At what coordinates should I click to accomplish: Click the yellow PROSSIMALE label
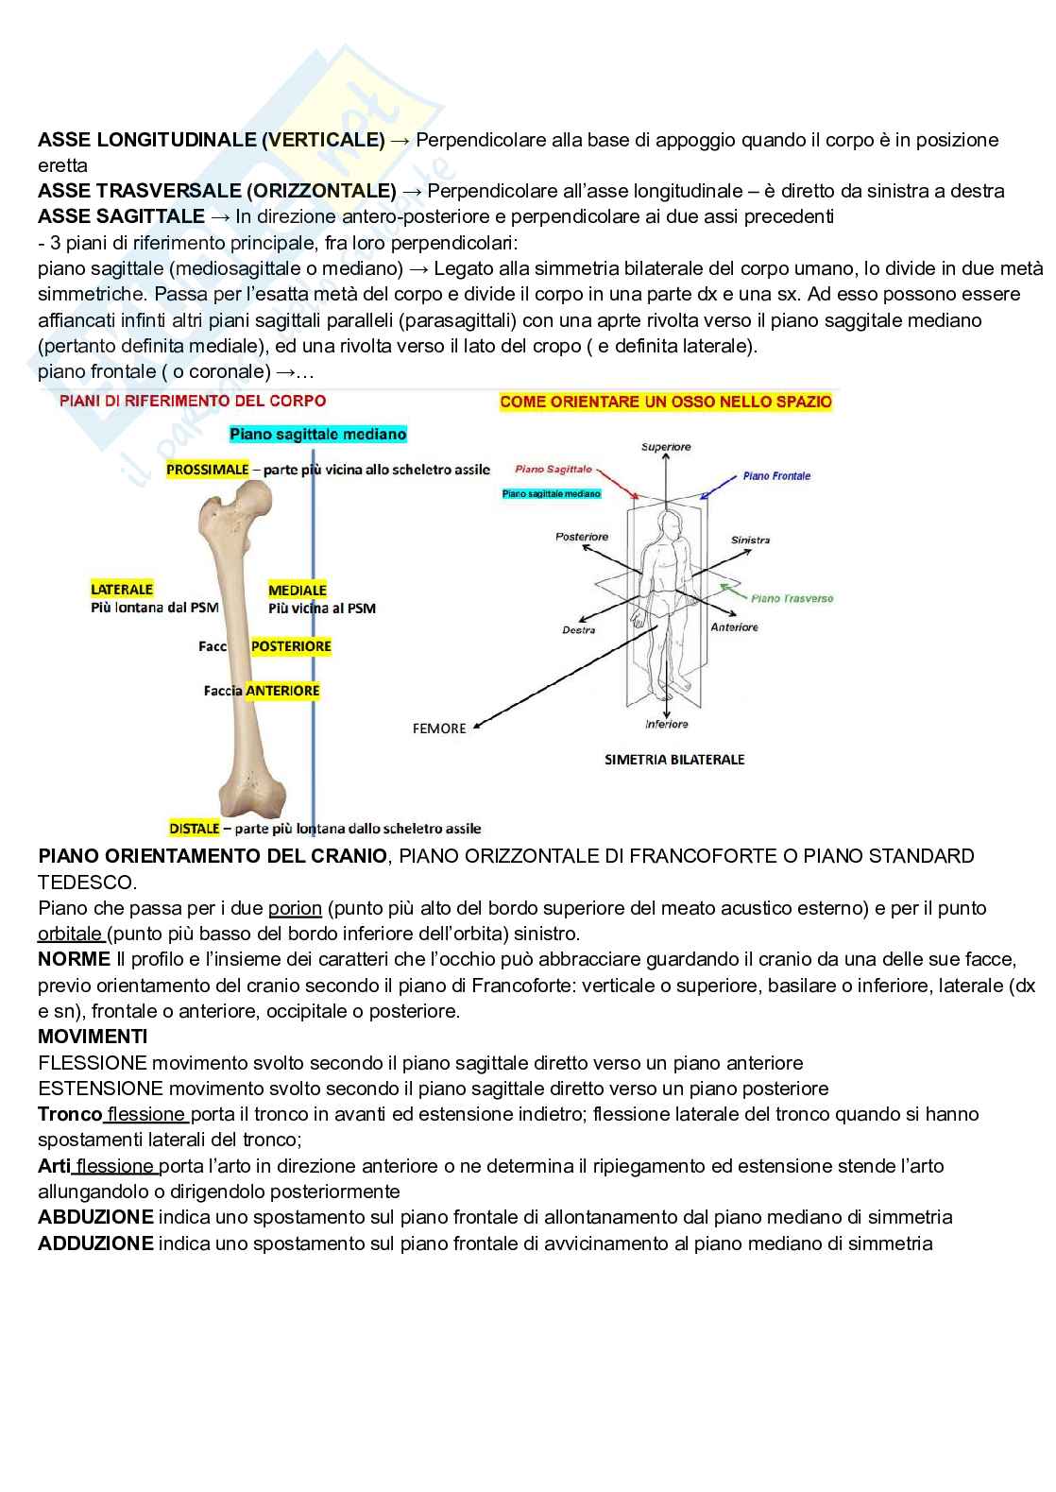(207, 470)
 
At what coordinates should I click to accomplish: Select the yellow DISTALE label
(195, 829)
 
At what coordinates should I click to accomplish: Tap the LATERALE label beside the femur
(122, 590)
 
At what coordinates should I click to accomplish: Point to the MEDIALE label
(298, 591)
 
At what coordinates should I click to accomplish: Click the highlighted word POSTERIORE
(291, 646)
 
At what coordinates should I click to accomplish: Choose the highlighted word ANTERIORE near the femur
(282, 691)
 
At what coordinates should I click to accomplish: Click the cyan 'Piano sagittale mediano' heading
(318, 435)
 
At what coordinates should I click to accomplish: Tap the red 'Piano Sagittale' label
(554, 469)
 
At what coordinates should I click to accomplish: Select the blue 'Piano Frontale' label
(776, 476)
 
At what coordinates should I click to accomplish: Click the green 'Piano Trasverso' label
(792, 598)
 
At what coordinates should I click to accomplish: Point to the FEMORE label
(439, 729)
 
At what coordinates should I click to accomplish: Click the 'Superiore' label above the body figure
(666, 447)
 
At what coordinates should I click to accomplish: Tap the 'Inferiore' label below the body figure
(667, 725)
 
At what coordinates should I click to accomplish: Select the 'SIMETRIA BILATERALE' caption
(674, 759)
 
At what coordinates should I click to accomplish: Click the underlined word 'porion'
(295, 908)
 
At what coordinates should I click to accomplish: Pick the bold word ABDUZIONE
(95, 1217)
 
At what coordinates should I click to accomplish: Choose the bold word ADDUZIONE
(95, 1243)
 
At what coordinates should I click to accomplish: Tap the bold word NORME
(74, 960)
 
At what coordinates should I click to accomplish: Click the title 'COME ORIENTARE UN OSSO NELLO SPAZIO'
(666, 402)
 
